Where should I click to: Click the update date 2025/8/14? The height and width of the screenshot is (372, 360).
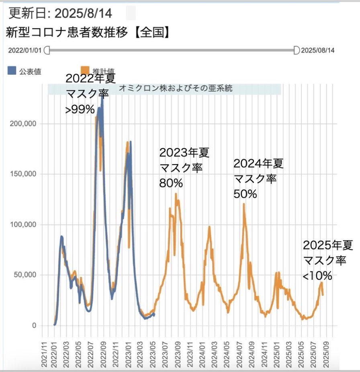pos(83,13)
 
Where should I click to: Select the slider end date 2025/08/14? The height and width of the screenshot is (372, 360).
pos(318,51)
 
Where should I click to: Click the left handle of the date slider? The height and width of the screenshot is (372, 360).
pos(47,50)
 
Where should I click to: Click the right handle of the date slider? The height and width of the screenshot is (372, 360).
pos(297,50)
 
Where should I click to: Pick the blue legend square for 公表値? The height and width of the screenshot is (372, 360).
pos(12,71)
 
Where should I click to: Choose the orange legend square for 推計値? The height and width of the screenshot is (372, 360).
pos(85,69)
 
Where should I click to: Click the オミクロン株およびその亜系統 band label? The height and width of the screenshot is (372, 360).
pos(176,88)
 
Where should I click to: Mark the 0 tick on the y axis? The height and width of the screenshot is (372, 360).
pos(35,325)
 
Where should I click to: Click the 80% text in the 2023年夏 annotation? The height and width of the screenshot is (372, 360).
pos(171,183)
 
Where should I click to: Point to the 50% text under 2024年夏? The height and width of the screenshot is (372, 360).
pos(245,193)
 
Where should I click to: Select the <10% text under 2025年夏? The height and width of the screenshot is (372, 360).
pos(317,275)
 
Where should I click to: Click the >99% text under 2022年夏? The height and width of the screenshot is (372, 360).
pos(80,109)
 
